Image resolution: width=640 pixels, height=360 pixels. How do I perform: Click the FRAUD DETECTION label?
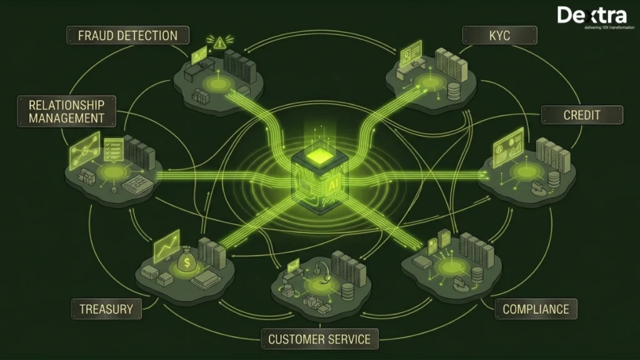click(127, 36)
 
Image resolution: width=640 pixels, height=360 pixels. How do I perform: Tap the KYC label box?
click(499, 36)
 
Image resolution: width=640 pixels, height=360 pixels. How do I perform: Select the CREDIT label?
click(582, 115)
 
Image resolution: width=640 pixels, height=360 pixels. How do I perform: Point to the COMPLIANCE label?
click(536, 309)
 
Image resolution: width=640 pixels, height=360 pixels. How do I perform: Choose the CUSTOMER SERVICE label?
click(319, 339)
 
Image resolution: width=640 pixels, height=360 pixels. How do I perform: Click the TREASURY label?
click(106, 309)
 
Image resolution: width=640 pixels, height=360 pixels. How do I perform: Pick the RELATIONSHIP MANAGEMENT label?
click(66, 111)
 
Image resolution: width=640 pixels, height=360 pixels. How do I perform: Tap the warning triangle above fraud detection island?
click(219, 42)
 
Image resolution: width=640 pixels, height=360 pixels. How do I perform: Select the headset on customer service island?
click(322, 271)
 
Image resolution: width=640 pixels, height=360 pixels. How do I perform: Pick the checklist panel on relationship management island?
click(114, 149)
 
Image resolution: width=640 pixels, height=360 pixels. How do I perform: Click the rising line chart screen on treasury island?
click(166, 246)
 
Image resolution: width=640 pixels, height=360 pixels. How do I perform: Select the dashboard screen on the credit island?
click(508, 147)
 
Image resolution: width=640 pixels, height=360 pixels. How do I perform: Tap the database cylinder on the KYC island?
click(454, 91)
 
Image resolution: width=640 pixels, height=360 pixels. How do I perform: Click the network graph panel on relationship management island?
click(85, 151)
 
